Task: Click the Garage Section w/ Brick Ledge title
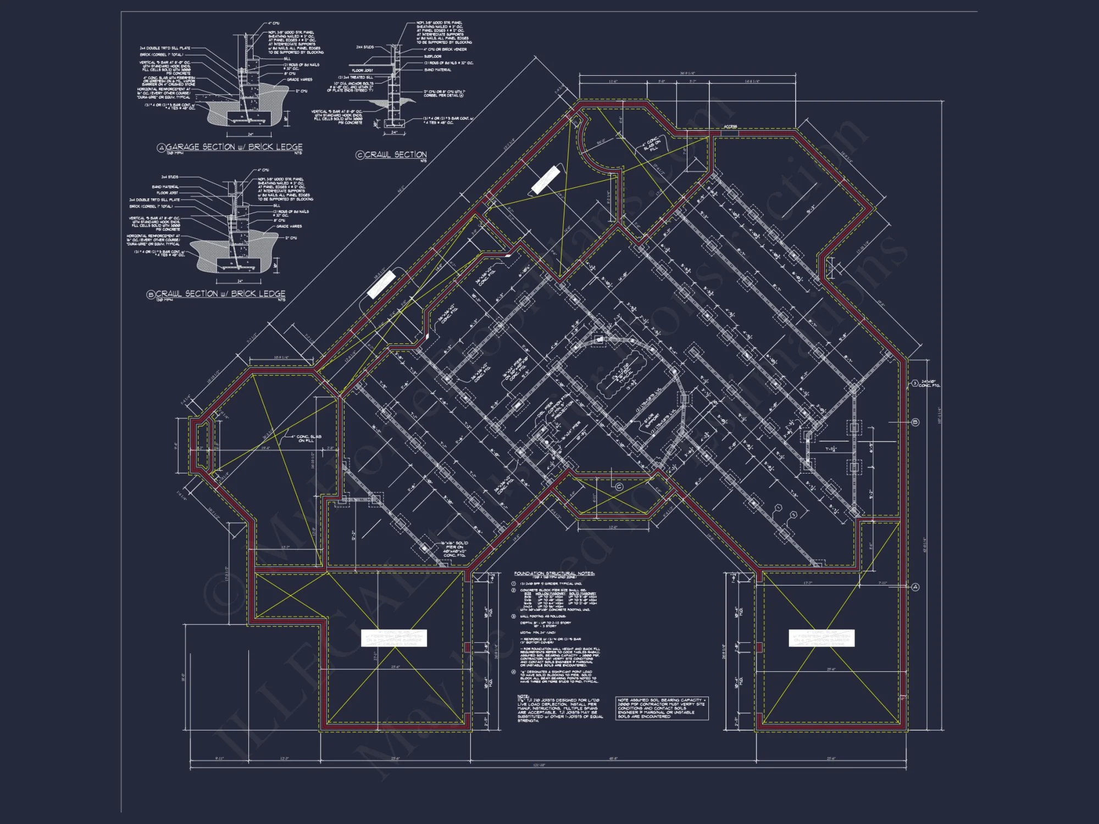234,147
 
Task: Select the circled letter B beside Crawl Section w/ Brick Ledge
151,294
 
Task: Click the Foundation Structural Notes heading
554,574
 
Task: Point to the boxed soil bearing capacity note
662,708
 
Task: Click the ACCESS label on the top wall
730,127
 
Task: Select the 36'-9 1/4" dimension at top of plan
687,73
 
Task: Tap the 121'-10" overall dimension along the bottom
539,765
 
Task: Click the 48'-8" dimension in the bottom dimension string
613,759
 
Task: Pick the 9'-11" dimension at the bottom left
219,759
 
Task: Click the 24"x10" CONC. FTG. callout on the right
929,383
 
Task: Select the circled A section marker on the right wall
915,587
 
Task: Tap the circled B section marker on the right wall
915,422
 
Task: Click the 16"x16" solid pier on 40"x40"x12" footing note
454,549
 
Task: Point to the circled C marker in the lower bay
619,487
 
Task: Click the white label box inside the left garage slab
393,638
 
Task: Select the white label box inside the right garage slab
822,638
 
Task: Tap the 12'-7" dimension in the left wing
285,548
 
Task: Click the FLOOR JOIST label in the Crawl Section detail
362,70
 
